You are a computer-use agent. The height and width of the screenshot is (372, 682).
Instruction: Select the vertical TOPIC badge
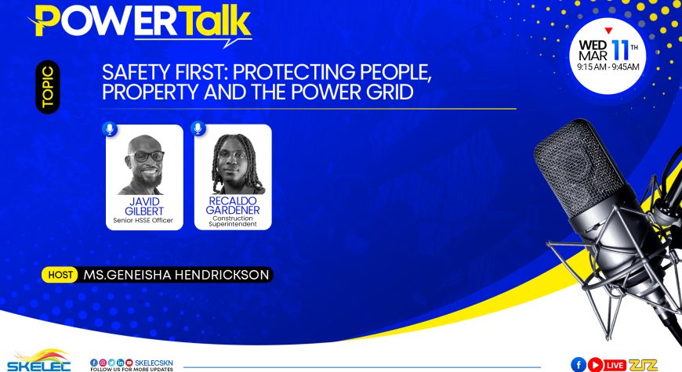pos(48,87)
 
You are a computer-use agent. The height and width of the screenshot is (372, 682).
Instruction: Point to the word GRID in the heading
pos(390,92)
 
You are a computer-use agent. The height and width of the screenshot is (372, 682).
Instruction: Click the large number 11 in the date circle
pos(620,51)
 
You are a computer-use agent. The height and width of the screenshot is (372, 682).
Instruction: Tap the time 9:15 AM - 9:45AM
pos(608,67)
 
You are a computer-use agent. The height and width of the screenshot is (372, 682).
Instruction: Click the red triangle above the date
pos(608,31)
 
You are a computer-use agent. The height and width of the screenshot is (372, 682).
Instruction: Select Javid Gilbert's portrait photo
pos(144,165)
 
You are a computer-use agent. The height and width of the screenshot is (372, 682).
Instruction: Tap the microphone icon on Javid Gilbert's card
pos(110,128)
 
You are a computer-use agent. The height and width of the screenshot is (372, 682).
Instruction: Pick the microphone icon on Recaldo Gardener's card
pos(198,128)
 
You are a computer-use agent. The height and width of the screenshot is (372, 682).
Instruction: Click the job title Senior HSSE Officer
pos(143,220)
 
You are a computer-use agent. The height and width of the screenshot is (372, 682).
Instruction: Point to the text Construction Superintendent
pos(233,221)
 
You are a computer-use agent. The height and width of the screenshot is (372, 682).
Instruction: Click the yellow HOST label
pos(60,275)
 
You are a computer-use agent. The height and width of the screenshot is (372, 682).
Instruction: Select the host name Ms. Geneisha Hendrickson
pos(176,275)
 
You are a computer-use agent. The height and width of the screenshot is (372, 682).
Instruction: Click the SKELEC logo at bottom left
pos(38,360)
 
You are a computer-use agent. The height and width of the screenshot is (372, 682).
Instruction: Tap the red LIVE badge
pos(615,365)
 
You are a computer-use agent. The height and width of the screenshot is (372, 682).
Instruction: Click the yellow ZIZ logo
pos(643,365)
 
